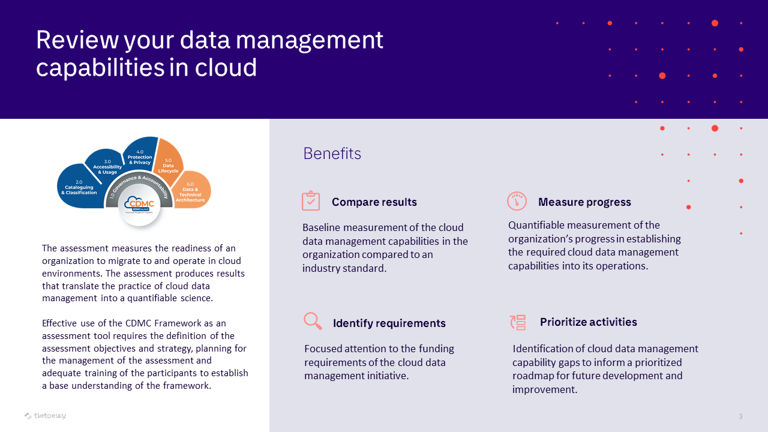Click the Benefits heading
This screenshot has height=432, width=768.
coord(332,153)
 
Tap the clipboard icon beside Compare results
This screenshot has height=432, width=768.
coord(311,200)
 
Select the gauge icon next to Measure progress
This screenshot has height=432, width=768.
coord(517,201)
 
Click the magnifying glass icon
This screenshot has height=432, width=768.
coord(313,321)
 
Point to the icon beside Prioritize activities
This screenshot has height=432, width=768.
coord(518,322)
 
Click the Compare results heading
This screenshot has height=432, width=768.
coord(374,202)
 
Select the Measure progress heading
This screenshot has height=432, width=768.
coord(584,202)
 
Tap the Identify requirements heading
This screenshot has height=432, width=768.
coord(389,323)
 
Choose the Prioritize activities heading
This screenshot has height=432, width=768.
coord(589,322)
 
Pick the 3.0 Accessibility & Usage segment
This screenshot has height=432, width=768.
coord(107,164)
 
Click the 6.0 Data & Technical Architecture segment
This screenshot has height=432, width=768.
coord(191,191)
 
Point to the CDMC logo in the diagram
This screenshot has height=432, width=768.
coord(139,205)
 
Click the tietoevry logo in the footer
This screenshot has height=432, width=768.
coord(45,416)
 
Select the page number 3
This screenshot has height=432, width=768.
coord(740,416)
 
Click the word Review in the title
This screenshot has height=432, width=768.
coord(77,40)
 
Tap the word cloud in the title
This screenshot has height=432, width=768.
coord(226,67)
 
